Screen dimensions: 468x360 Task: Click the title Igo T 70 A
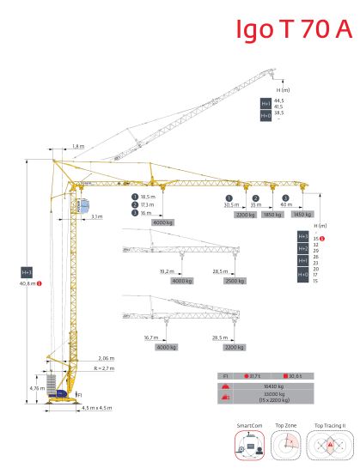pyautogui.click(x=294, y=29)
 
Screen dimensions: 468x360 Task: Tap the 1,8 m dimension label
pyautogui.click(x=79, y=146)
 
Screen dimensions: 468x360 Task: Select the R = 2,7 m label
pyautogui.click(x=105, y=367)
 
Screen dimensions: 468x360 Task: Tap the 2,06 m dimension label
pyautogui.click(x=106, y=356)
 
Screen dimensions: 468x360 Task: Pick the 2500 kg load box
pyautogui.click(x=235, y=281)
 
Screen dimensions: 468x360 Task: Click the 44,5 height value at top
pyautogui.click(x=278, y=100)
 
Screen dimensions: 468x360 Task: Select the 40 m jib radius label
pyautogui.click(x=285, y=205)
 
